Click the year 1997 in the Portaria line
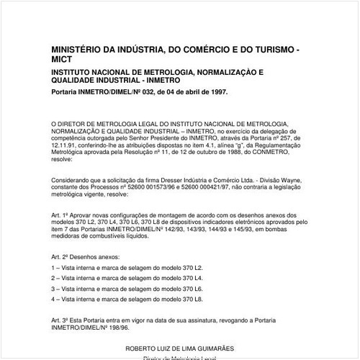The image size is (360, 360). pyautogui.click(x=216, y=92)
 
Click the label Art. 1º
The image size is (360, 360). pyautogui.click(x=59, y=215)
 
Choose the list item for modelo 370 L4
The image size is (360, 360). pyautogui.click(x=127, y=277)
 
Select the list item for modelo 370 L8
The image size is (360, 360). pyautogui.click(x=127, y=297)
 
